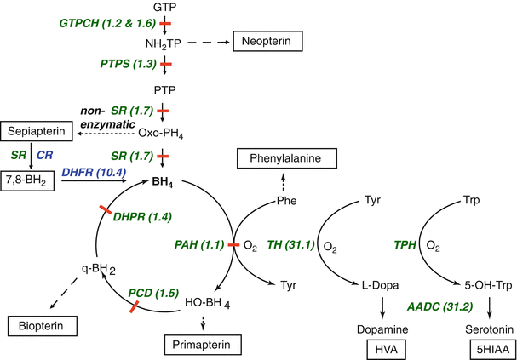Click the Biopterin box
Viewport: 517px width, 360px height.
43,325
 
